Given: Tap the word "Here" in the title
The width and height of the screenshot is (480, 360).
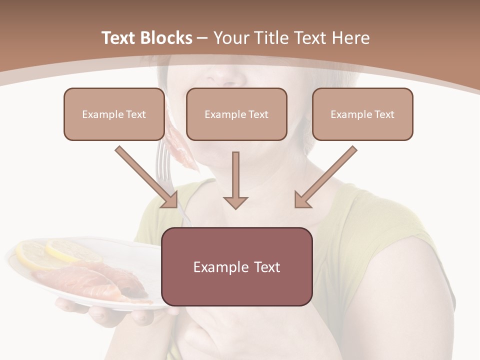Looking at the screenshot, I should click(351, 38).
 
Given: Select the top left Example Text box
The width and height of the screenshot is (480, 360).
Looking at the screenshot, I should click(114, 114).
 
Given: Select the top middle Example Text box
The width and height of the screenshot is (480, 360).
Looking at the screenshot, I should click(236, 114).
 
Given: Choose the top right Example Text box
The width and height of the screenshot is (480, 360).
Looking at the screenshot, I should click(362, 114).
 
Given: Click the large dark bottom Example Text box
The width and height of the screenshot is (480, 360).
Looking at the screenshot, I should click(237, 266).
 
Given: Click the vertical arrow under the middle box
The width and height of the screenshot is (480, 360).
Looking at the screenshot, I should click(235, 180).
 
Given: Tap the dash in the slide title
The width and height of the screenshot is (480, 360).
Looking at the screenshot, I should click(203, 38).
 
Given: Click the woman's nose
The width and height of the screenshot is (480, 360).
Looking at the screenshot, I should click(227, 75).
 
